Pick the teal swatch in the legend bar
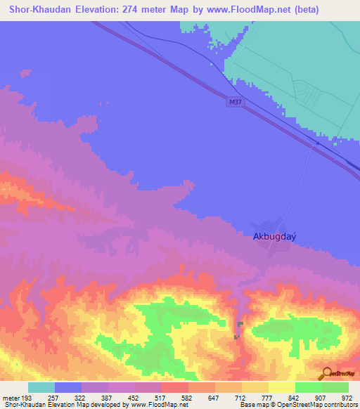pyautogui.click(x=41, y=387)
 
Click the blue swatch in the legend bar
pyautogui.click(x=68, y=387)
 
